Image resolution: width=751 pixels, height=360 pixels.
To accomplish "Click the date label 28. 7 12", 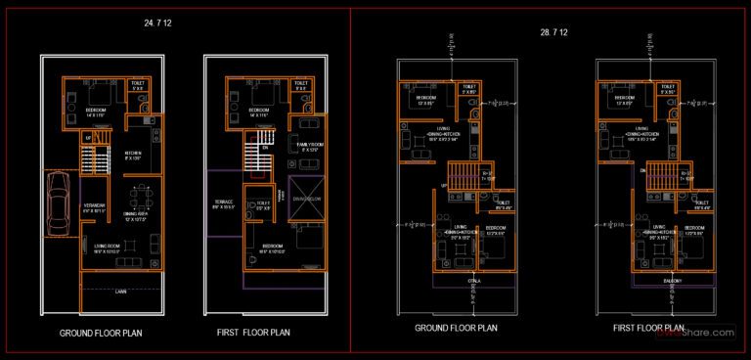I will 553,32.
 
